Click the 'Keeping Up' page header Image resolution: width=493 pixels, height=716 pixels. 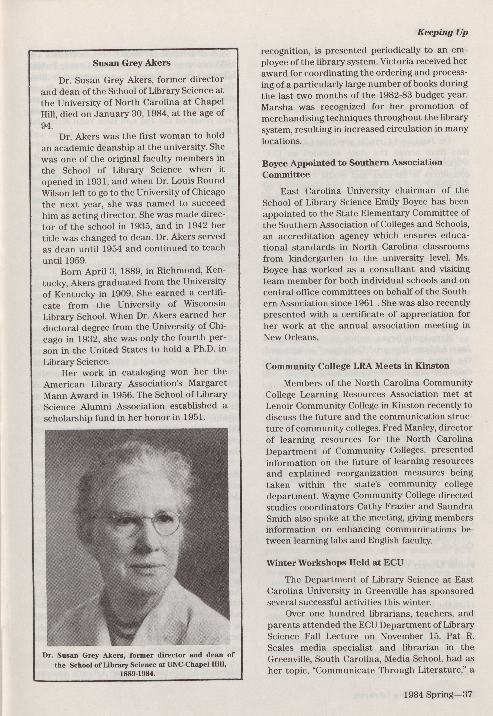click(x=442, y=33)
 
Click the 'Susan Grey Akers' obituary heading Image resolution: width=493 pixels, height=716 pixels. click(x=132, y=63)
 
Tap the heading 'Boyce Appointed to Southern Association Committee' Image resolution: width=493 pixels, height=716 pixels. click(x=352, y=168)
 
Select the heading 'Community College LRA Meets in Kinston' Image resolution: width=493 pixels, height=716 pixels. click(x=357, y=366)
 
